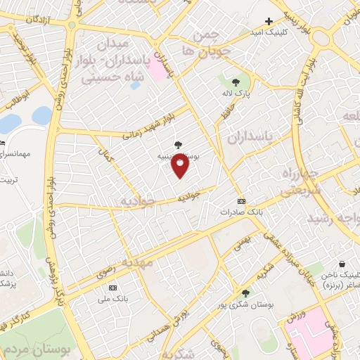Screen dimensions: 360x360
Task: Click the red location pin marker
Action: pos(181,166)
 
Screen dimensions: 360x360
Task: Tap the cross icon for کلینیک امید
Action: pos(269,21)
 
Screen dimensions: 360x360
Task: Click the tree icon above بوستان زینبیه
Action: pos(177,145)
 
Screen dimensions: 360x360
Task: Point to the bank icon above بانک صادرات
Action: pos(241,200)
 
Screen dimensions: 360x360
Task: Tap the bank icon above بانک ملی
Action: pos(112,288)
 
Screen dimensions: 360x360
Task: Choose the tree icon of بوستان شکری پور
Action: pos(245,292)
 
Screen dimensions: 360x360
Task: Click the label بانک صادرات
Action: pos(240,211)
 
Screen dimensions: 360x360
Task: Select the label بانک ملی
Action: pos(112,299)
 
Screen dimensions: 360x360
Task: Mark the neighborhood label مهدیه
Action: pos(136,262)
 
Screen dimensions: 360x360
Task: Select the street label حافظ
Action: pos(224,112)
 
